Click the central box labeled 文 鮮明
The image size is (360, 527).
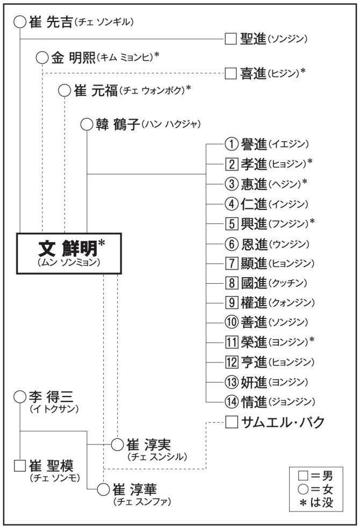(69, 254)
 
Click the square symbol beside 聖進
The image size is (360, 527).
(231, 40)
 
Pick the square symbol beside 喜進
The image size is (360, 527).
(231, 73)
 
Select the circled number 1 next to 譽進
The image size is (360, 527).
(231, 146)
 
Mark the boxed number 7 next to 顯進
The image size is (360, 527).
(231, 264)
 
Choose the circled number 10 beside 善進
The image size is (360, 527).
(231, 322)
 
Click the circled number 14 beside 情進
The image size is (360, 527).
(231, 401)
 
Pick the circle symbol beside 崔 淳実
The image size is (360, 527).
(117, 445)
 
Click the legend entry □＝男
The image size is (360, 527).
(317, 475)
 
